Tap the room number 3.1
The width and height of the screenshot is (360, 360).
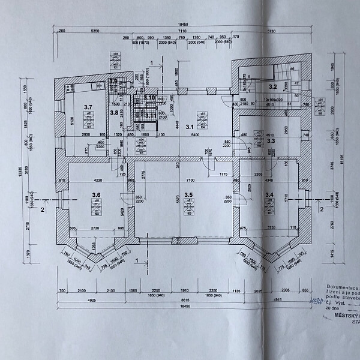pyautogui.click(x=190, y=127)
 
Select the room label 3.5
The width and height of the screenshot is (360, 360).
pyautogui.click(x=188, y=194)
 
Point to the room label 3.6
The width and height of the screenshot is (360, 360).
pyautogui.click(x=95, y=194)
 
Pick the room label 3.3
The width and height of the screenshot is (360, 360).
pyautogui.click(x=271, y=140)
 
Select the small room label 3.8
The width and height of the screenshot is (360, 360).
pyautogui.click(x=113, y=112)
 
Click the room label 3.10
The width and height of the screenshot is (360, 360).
pyautogui.click(x=149, y=97)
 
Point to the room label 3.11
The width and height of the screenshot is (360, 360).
pyautogui.click(x=150, y=116)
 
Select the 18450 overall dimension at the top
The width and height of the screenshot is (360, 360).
pyautogui.click(x=180, y=25)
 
